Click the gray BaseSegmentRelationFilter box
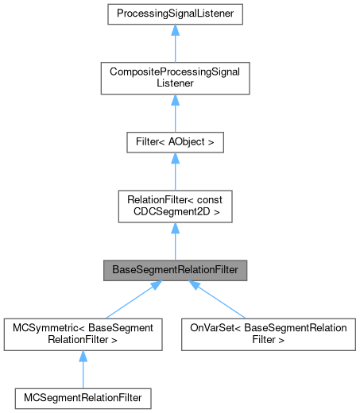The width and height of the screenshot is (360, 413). [175, 270]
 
